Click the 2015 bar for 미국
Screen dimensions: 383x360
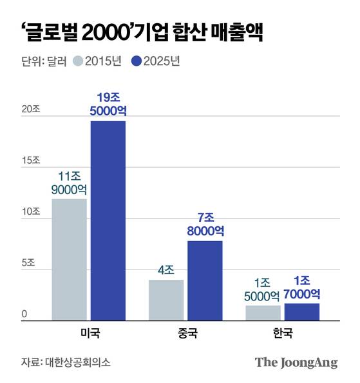tap(69, 259)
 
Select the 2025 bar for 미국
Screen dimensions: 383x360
tap(108, 221)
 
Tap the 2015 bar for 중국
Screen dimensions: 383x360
tap(166, 300)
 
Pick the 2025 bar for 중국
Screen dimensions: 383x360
tap(205, 280)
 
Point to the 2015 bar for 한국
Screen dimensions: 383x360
tap(263, 313)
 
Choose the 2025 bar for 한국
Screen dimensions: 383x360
tap(302, 311)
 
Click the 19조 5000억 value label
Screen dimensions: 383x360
tap(108, 104)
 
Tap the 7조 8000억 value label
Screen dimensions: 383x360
tap(205, 224)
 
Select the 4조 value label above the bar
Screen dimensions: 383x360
tap(166, 270)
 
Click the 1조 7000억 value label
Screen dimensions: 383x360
tap(302, 287)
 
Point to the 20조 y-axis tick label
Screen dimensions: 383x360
tap(30, 110)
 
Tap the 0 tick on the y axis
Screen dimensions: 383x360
tap(24, 315)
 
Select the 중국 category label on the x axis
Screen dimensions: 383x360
tap(185, 333)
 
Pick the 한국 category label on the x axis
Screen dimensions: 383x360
tap(282, 333)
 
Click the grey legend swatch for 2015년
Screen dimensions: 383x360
tap(78, 62)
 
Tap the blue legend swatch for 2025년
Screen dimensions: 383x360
tap(136, 62)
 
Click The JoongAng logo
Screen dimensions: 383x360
tap(296, 362)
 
